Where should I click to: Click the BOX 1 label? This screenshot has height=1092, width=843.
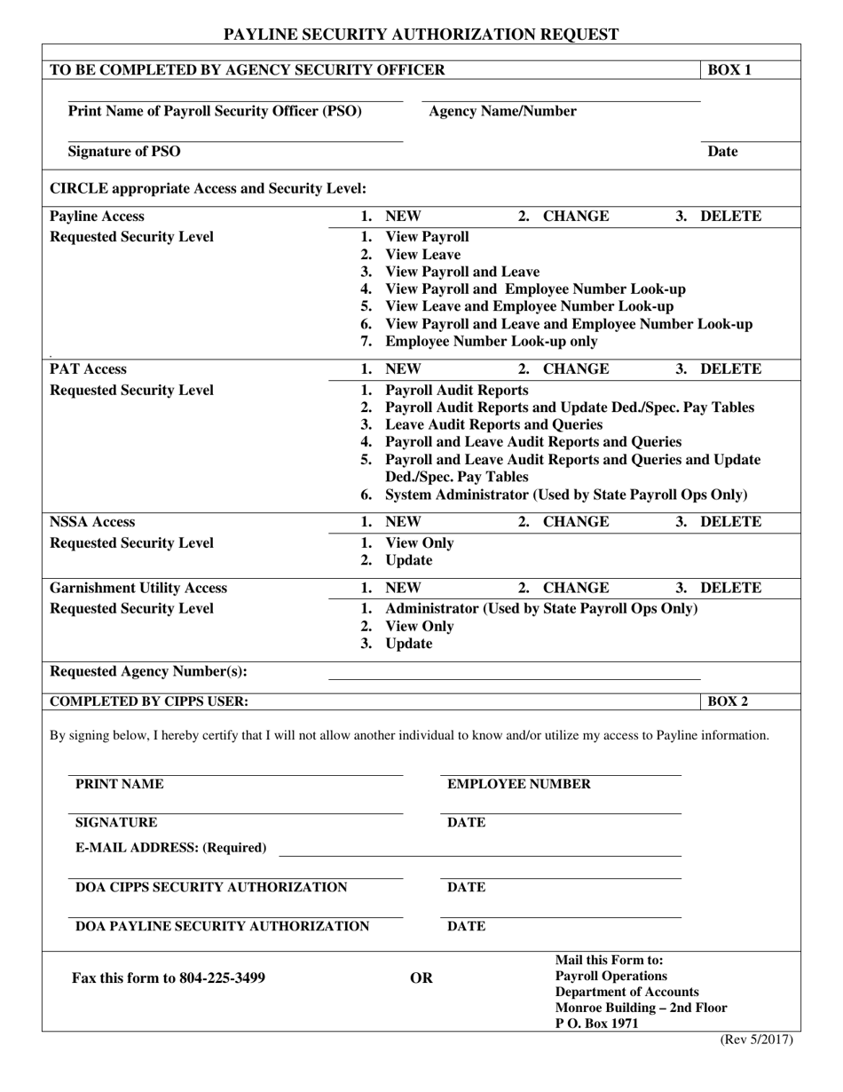point(729,70)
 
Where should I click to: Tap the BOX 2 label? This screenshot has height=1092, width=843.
point(728,701)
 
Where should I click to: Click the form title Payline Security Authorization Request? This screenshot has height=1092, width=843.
point(421,35)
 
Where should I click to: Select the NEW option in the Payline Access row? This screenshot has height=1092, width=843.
point(403,216)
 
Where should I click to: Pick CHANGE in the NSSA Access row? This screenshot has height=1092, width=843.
point(576,521)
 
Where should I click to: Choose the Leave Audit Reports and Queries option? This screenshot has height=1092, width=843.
point(493,424)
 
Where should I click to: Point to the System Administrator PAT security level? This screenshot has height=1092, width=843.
point(566,495)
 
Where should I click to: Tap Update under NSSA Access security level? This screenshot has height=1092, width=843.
point(409,560)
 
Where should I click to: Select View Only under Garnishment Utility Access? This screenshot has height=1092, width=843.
point(420,626)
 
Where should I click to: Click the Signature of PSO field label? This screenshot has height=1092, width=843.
point(124,151)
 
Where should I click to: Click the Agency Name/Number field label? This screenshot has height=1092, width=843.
point(502,111)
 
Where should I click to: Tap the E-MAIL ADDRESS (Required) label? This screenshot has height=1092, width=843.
point(170,848)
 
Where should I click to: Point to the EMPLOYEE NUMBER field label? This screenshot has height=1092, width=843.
point(518,784)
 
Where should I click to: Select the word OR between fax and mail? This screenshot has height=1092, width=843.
point(421,978)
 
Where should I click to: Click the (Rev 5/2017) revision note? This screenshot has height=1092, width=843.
point(755,1041)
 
